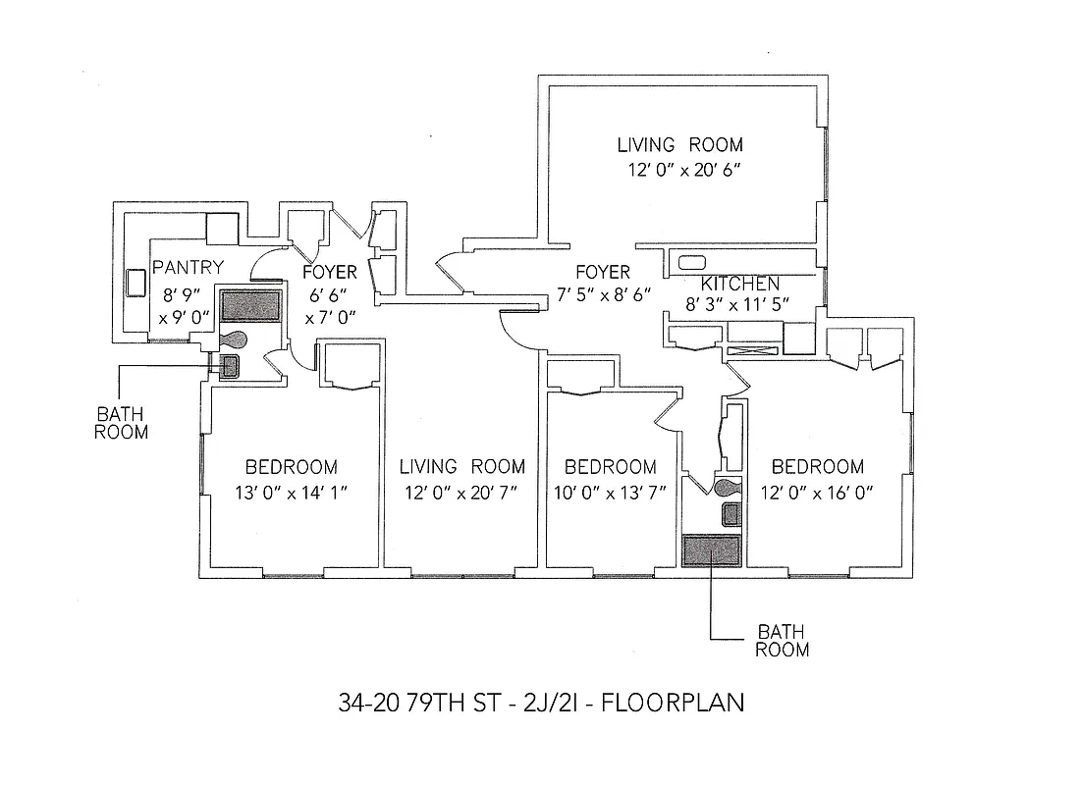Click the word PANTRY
tap(189, 267)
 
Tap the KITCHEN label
tap(740, 284)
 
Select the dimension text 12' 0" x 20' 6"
tap(683, 169)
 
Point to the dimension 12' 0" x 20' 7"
tap(462, 491)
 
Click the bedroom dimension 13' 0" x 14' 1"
tap(291, 491)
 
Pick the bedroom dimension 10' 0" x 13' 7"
tap(610, 491)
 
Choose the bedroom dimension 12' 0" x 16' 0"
tap(817, 491)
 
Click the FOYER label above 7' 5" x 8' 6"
tap(602, 272)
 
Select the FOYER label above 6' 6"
tap(329, 273)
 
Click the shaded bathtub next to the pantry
tap(250, 305)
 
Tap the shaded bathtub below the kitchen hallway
tap(711, 550)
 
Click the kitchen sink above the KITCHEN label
tap(691, 262)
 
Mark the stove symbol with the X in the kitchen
tap(753, 350)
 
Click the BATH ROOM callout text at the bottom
tap(782, 640)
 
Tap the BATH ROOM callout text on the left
tap(121, 422)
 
